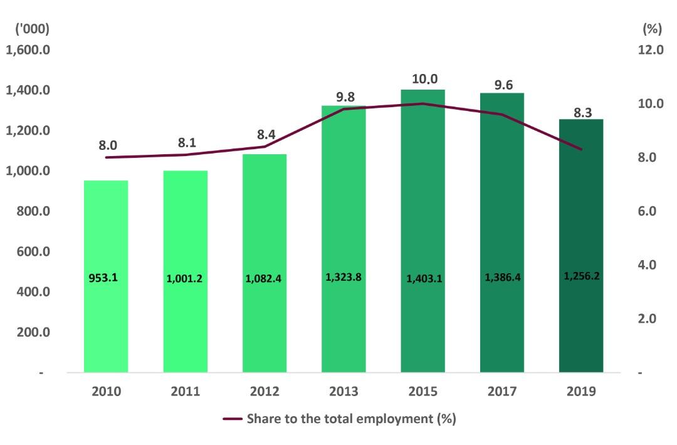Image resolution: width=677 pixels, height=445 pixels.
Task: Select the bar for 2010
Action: click(x=106, y=313)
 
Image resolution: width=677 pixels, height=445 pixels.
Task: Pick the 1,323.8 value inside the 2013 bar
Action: click(x=344, y=276)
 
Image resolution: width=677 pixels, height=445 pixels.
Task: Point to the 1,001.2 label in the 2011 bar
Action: click(x=184, y=279)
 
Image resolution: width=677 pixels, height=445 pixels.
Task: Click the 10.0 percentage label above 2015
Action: click(x=424, y=79)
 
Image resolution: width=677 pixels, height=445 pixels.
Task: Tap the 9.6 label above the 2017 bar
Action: click(x=503, y=85)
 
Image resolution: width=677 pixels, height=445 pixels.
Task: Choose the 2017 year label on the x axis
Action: click(x=502, y=392)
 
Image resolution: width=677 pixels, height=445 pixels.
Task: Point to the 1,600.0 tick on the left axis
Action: click(x=28, y=50)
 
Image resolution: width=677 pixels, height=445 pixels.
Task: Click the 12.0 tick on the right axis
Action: click(x=650, y=50)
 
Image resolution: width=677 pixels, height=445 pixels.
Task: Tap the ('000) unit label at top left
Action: click(x=28, y=29)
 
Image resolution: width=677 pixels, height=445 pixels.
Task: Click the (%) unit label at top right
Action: click(x=653, y=29)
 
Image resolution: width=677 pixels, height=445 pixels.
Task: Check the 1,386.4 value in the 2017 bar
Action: click(x=502, y=276)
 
